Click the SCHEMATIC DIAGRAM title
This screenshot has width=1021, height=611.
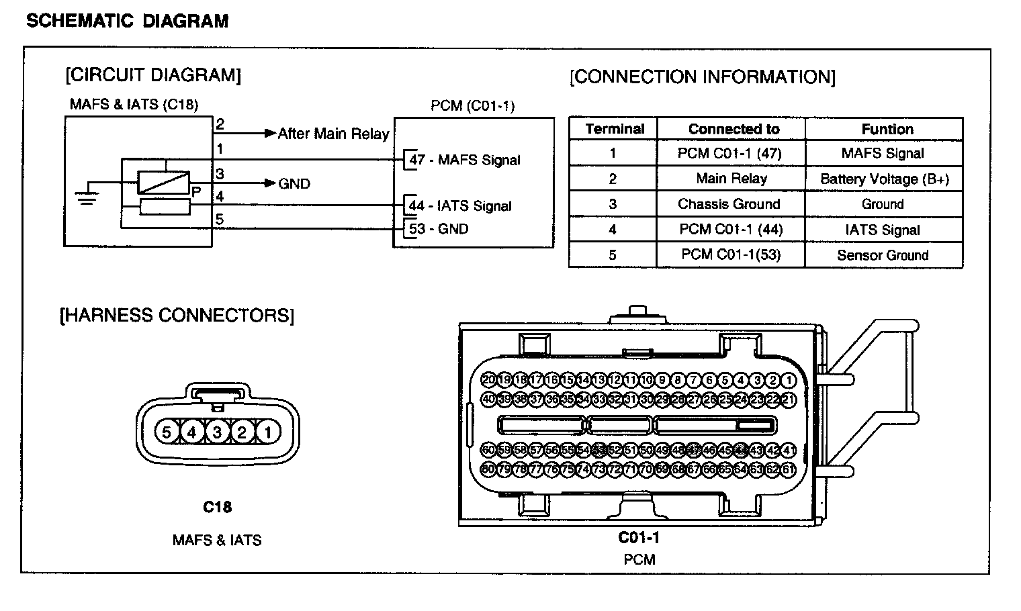(127, 21)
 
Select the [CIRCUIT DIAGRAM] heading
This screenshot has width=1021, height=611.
(153, 75)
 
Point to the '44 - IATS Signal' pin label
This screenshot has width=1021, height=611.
(460, 206)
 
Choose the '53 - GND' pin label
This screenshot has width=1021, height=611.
(439, 229)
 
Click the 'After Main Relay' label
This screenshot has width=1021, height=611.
(334, 134)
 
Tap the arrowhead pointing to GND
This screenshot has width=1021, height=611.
(270, 183)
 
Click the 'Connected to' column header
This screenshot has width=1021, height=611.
(734, 129)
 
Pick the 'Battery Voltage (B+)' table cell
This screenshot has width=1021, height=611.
(884, 179)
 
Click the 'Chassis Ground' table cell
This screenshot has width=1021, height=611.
(729, 204)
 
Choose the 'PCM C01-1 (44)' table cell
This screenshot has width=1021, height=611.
(731, 230)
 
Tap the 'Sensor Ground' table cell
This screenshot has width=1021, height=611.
(883, 255)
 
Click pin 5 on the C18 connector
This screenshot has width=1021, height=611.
(167, 432)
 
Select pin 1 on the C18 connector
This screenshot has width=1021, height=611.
(267, 432)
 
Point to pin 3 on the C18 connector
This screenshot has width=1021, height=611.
(217, 432)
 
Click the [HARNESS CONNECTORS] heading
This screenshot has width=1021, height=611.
(177, 316)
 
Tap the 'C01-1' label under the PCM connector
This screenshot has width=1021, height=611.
(639, 538)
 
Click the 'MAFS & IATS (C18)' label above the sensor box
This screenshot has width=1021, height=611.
(134, 105)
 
